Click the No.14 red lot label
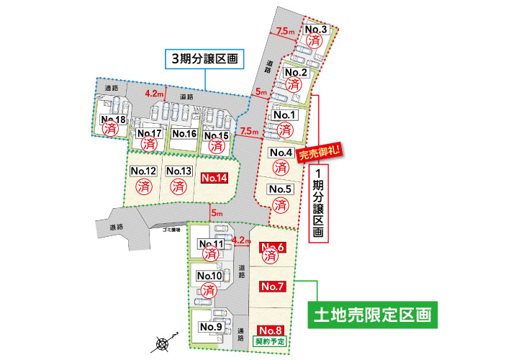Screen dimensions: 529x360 point(214,177)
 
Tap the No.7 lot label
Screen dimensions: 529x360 point(273,287)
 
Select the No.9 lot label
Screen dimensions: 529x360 point(210,327)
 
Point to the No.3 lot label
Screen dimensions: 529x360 point(317,30)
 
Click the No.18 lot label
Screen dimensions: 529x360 point(113,120)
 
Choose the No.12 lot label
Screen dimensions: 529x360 point(145,171)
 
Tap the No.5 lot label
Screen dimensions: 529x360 point(281,189)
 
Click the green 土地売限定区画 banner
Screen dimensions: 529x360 point(373,315)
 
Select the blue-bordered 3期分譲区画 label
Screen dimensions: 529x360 point(203,59)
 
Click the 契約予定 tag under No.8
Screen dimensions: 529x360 point(271,340)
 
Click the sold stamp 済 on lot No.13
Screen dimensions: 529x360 point(178,186)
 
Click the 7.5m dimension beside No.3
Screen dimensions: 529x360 point(286,31)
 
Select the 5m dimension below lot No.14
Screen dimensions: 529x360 point(216,212)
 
